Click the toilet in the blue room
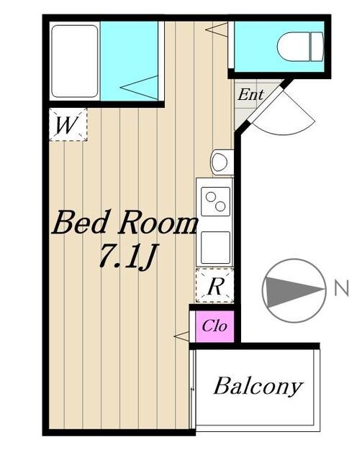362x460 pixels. [297, 47]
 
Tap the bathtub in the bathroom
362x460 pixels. [75, 61]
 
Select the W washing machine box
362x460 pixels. [67, 124]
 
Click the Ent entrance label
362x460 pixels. [250, 94]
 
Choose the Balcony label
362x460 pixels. [257, 387]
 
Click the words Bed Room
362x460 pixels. [125, 224]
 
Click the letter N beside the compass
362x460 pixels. [341, 290]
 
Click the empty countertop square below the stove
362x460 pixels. [215, 247]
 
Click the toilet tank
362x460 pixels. [315, 47]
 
